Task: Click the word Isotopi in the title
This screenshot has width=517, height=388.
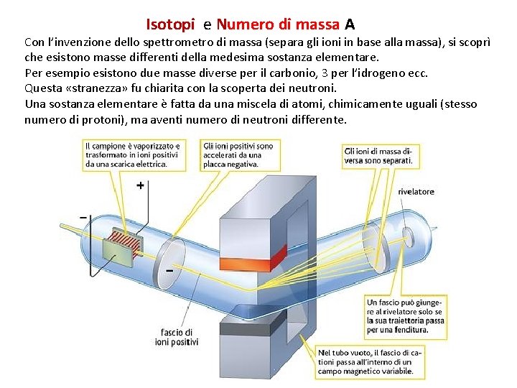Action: pos(170,24)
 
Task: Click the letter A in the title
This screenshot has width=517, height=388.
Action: pos(350,24)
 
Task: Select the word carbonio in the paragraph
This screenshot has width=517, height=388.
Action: pos(253,73)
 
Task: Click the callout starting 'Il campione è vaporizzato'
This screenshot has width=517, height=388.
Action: pos(133,154)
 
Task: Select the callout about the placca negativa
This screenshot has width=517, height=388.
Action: pos(236,154)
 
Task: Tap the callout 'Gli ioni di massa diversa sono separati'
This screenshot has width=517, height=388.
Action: pos(378,156)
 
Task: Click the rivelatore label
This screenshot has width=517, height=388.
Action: pos(416,192)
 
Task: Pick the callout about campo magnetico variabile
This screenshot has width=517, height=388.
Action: pos(365,362)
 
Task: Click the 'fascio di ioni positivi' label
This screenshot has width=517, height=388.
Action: pos(177,337)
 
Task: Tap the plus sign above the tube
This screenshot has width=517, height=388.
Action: pos(140,185)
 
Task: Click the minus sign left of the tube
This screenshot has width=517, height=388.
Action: pos(83,216)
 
